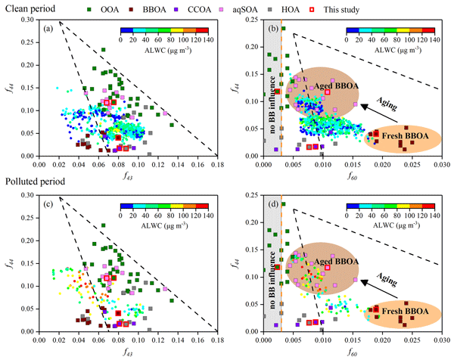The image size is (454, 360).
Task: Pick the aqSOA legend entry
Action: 266,9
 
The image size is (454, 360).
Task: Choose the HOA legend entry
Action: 313,9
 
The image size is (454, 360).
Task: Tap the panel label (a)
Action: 49,28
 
